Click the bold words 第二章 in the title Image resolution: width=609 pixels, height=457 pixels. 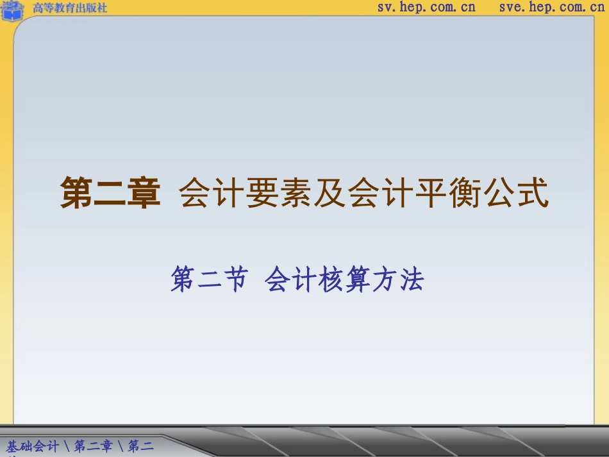click(110, 193)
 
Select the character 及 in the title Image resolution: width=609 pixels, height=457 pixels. click(330, 193)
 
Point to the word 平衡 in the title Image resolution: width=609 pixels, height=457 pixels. click(465, 193)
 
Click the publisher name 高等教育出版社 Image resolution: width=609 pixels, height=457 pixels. click(70, 8)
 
